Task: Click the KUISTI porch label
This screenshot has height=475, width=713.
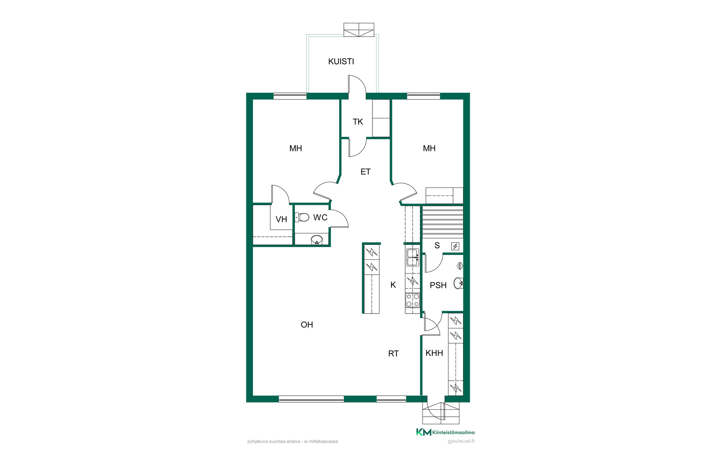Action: (x=341, y=62)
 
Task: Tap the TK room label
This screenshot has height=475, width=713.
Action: (x=358, y=122)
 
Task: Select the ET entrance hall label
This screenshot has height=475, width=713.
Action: (x=365, y=172)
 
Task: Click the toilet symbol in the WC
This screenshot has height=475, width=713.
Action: (x=302, y=217)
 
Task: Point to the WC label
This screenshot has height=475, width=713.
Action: (x=320, y=217)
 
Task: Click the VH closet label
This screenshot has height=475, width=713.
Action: (x=281, y=219)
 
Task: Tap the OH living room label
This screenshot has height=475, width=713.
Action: (x=307, y=325)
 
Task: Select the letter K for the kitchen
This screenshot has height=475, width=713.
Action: (x=393, y=285)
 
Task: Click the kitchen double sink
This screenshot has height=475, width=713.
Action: (x=413, y=258)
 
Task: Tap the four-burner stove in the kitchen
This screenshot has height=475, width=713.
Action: (x=413, y=300)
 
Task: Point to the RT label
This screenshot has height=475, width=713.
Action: (x=393, y=354)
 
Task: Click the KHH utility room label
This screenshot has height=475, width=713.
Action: (x=434, y=353)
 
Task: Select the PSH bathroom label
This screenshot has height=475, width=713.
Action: (x=438, y=285)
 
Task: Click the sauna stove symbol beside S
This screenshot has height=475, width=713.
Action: (x=455, y=246)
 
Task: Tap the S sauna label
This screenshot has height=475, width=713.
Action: (x=437, y=246)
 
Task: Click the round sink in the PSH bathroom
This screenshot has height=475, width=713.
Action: (x=459, y=283)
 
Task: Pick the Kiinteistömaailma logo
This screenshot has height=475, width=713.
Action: (x=445, y=432)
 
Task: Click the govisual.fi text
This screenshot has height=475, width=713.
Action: (x=461, y=441)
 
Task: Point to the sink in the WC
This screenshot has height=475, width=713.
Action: (x=316, y=240)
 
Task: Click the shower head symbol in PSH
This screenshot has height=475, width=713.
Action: (x=460, y=266)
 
